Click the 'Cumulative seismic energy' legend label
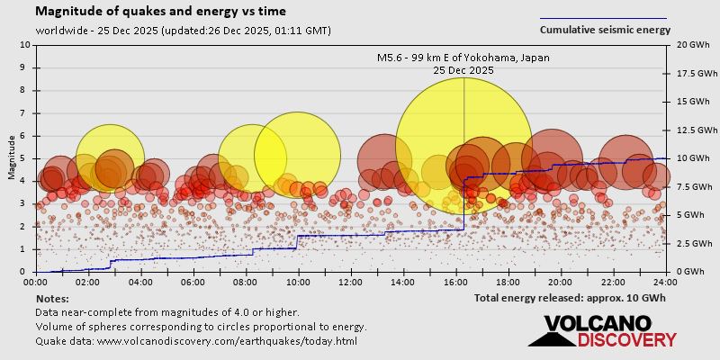click(x=605, y=30)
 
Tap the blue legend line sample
click(x=603, y=18)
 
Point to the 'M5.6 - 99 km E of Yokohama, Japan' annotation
click(x=463, y=58)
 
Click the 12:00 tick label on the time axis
click(x=351, y=282)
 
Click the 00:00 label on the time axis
click(x=36, y=282)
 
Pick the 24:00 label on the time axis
click(x=665, y=282)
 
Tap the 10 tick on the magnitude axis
click(x=24, y=44)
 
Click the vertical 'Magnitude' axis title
click(x=11, y=157)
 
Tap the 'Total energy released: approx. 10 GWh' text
click(x=570, y=298)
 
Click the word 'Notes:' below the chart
click(x=52, y=298)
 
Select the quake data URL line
click(x=196, y=341)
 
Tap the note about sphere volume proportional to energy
click(x=201, y=327)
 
